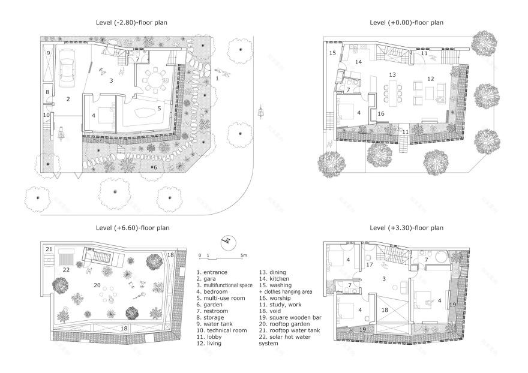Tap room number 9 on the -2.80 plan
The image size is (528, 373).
(x=49, y=53)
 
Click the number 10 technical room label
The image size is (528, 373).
(x=46, y=115)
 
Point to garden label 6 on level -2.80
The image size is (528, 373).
(x=156, y=167)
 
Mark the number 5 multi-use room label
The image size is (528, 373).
(x=159, y=109)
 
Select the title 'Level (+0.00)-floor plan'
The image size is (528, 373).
(x=406, y=22)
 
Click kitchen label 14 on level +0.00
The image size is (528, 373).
(x=359, y=62)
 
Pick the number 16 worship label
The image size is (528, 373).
(x=380, y=113)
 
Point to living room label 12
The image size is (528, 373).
(x=430, y=79)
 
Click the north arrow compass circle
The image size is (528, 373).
(x=227, y=241)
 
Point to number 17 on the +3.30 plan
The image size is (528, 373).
(x=370, y=264)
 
